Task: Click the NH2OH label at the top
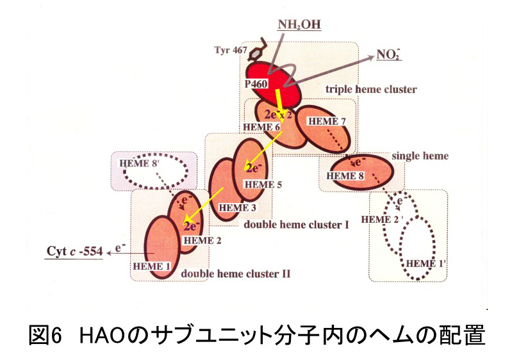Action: [299, 25]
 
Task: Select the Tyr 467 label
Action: [228, 51]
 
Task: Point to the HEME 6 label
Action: [263, 127]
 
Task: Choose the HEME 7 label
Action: [326, 121]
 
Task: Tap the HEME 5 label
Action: [262, 184]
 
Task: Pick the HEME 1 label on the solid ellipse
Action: [151, 265]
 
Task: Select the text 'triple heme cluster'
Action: [371, 89]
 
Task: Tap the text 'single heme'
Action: [420, 156]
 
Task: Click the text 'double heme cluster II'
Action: [236, 274]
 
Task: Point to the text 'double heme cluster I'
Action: [296, 225]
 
